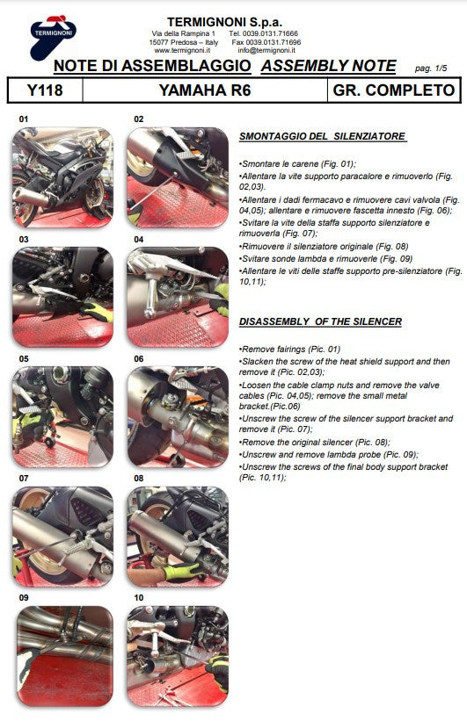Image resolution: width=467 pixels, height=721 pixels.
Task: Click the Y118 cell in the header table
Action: pyautogui.click(x=45, y=90)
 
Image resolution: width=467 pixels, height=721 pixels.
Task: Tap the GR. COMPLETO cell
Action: pyautogui.click(x=394, y=90)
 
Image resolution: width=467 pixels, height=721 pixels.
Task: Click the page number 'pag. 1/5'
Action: pyautogui.click(x=431, y=68)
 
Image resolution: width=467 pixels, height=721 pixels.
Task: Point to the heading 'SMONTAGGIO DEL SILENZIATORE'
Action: pyautogui.click(x=322, y=137)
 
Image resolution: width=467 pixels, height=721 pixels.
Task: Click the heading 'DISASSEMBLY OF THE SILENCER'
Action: pyautogui.click(x=320, y=322)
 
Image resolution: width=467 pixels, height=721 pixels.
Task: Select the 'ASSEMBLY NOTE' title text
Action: pyautogui.click(x=329, y=66)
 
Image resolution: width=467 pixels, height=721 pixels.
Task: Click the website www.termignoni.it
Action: pyautogui.click(x=180, y=50)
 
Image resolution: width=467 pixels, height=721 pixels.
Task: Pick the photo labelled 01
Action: pyautogui.click(x=62, y=165)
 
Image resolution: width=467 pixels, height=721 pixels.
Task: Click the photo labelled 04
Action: pyautogui.click(x=177, y=284)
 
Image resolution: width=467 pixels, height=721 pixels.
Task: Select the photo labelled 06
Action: pyautogui.click(x=177, y=403)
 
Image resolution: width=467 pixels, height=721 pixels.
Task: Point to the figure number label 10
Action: pyautogui.click(x=138, y=598)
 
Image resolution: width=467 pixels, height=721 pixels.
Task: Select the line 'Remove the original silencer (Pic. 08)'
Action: pyautogui.click(x=314, y=443)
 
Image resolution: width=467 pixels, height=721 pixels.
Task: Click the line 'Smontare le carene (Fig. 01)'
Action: pyautogui.click(x=297, y=164)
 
